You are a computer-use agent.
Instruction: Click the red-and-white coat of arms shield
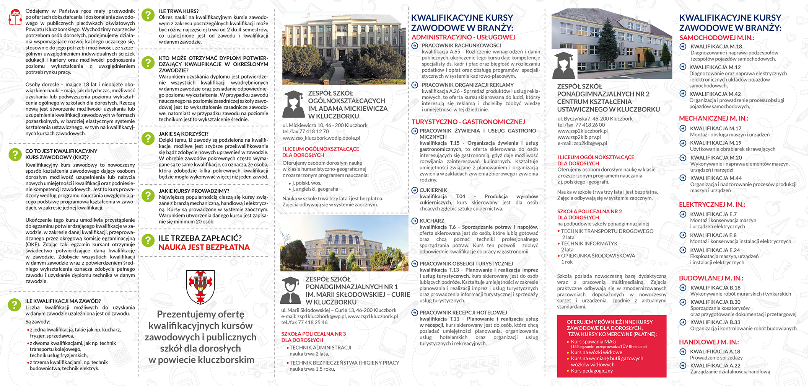tap(200, 286)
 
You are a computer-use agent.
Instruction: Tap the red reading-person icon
tap(15, 17)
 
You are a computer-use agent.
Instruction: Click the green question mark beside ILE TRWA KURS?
tap(148, 15)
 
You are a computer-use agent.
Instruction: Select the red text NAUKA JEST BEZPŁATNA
tap(204, 247)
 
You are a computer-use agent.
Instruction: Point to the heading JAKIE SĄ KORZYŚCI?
tap(184, 134)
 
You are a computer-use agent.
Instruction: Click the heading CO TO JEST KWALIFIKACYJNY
tap(61, 151)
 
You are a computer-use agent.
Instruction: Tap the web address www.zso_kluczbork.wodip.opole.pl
tap(321, 138)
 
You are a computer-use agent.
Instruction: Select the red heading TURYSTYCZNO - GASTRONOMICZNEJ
tap(468, 122)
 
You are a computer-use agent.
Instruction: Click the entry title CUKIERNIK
tap(433, 190)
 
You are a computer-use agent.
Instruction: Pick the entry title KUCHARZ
tap(432, 221)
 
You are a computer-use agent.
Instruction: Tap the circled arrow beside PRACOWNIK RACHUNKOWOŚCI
tap(415, 46)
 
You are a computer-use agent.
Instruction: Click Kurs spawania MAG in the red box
tap(593, 342)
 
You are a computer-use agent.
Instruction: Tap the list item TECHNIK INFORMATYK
tap(589, 244)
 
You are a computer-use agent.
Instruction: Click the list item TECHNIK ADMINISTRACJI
tap(320, 348)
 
